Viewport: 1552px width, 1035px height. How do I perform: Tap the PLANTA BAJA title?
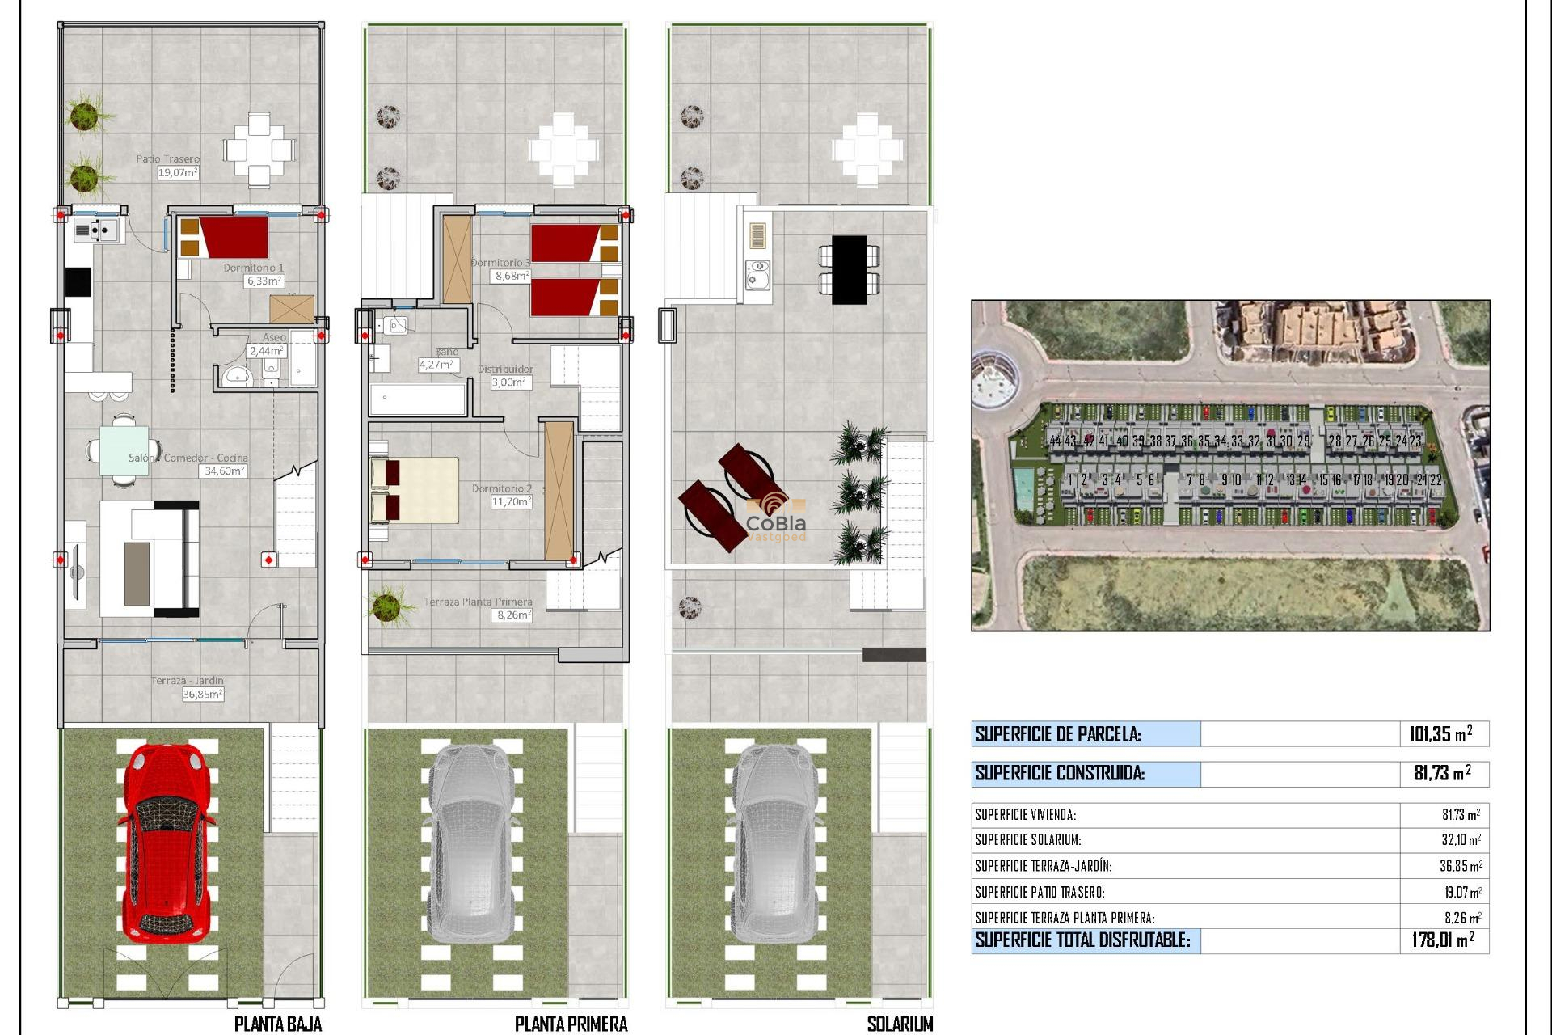coord(277,1024)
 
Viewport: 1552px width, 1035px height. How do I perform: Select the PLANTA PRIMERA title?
coord(571,1024)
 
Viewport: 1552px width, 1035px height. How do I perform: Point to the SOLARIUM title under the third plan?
coord(900,1024)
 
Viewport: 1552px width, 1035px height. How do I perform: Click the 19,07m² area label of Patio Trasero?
coord(178,172)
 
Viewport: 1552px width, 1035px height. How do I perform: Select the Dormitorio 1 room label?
coord(253,268)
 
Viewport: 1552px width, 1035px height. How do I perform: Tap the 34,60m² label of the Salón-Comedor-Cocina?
coord(223,471)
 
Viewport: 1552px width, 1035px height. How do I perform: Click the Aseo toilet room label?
coord(274,337)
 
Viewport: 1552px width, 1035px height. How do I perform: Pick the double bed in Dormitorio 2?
coord(415,490)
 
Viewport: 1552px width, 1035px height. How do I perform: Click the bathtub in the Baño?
coord(418,399)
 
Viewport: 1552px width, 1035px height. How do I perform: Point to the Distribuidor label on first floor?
coord(505,369)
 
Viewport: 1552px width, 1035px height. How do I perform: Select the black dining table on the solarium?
coord(849,269)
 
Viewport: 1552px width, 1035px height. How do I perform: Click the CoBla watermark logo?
coord(775,517)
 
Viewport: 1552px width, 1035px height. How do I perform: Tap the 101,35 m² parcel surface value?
coord(1440,734)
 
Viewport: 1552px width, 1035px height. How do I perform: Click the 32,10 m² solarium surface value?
coord(1461,840)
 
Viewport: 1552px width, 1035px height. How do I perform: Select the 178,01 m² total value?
coord(1442,940)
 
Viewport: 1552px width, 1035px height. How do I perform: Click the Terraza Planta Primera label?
coord(478,602)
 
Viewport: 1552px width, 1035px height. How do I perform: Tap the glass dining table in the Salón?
coord(124,450)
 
